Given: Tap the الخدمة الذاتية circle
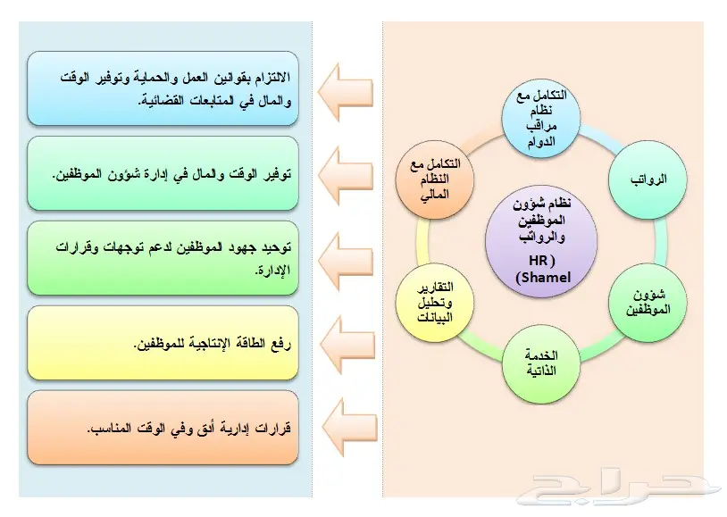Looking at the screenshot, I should click(x=541, y=363).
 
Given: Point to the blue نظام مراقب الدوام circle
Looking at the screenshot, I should click(x=541, y=118).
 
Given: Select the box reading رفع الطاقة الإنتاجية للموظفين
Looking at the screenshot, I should click(x=163, y=343).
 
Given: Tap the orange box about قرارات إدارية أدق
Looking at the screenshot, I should click(x=163, y=427).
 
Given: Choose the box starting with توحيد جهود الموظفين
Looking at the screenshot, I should click(x=163, y=258).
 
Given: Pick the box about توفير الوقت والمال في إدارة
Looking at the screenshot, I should click(x=163, y=173).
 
